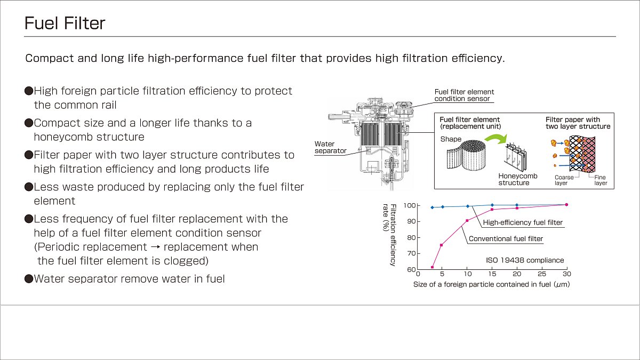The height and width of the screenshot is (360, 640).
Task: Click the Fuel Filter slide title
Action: [65, 23]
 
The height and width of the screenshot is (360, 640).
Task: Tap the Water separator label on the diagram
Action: [330, 147]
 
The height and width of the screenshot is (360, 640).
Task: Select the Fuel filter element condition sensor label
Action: [464, 95]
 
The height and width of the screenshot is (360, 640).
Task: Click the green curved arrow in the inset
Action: [496, 139]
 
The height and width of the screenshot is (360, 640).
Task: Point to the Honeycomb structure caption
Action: [518, 179]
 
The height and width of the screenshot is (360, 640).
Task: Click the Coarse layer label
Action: [564, 180]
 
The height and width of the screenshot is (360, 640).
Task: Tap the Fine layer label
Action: [601, 180]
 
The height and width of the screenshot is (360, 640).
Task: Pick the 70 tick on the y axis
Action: [411, 253]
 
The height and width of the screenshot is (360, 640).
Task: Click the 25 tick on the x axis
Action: [542, 274]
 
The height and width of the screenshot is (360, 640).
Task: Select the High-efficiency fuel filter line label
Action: [523, 222]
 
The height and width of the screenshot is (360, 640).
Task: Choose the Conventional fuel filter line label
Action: [506, 238]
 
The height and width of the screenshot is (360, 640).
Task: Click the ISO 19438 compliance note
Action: [525, 260]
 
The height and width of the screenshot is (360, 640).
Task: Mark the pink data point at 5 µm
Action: [442, 245]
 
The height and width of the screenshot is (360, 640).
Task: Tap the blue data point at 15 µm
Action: [492, 205]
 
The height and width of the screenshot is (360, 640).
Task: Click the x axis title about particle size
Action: [491, 284]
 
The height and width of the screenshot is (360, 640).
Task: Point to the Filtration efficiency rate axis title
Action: [389, 235]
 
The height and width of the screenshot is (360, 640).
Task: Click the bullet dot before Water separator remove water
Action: [29, 278]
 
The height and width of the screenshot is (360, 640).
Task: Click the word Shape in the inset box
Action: [451, 139]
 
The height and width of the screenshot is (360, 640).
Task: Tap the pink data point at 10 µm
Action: [467, 221]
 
